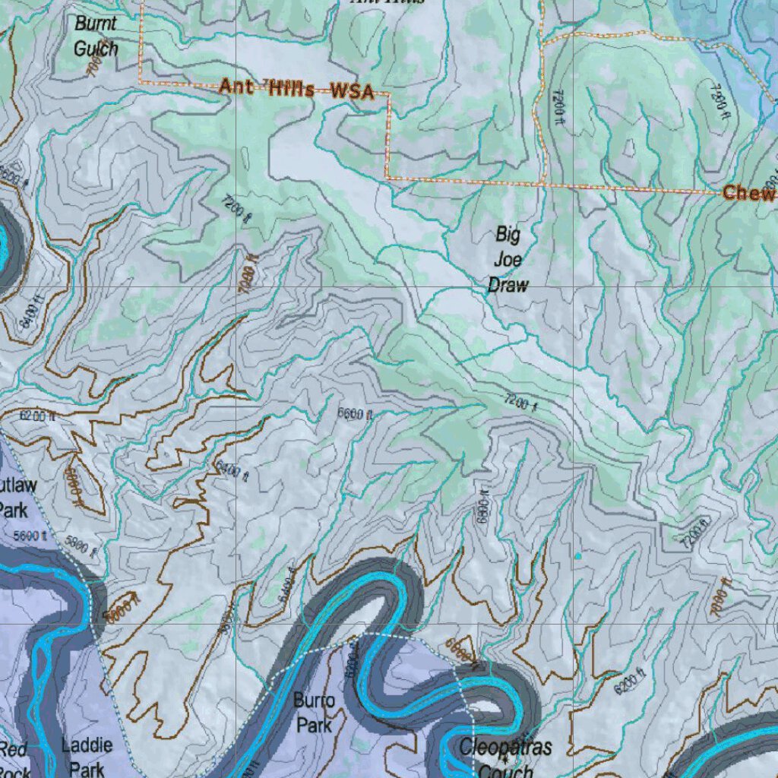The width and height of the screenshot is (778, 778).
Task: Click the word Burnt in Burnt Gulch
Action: pos(96,24)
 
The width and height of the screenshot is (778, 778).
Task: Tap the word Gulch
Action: pos(96,49)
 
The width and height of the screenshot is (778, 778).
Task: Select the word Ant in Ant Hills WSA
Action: pos(236,87)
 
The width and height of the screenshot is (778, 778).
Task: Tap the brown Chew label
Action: pos(748,193)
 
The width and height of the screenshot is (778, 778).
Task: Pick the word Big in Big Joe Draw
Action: pos(508,233)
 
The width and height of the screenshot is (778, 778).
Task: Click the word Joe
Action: pos(508,259)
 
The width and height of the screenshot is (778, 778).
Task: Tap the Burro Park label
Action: pos(314,713)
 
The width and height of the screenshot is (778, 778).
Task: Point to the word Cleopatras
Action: pos(505,748)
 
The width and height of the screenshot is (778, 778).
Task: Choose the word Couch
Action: pos(505,770)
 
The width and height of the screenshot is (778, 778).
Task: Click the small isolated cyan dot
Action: pos(577,556)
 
